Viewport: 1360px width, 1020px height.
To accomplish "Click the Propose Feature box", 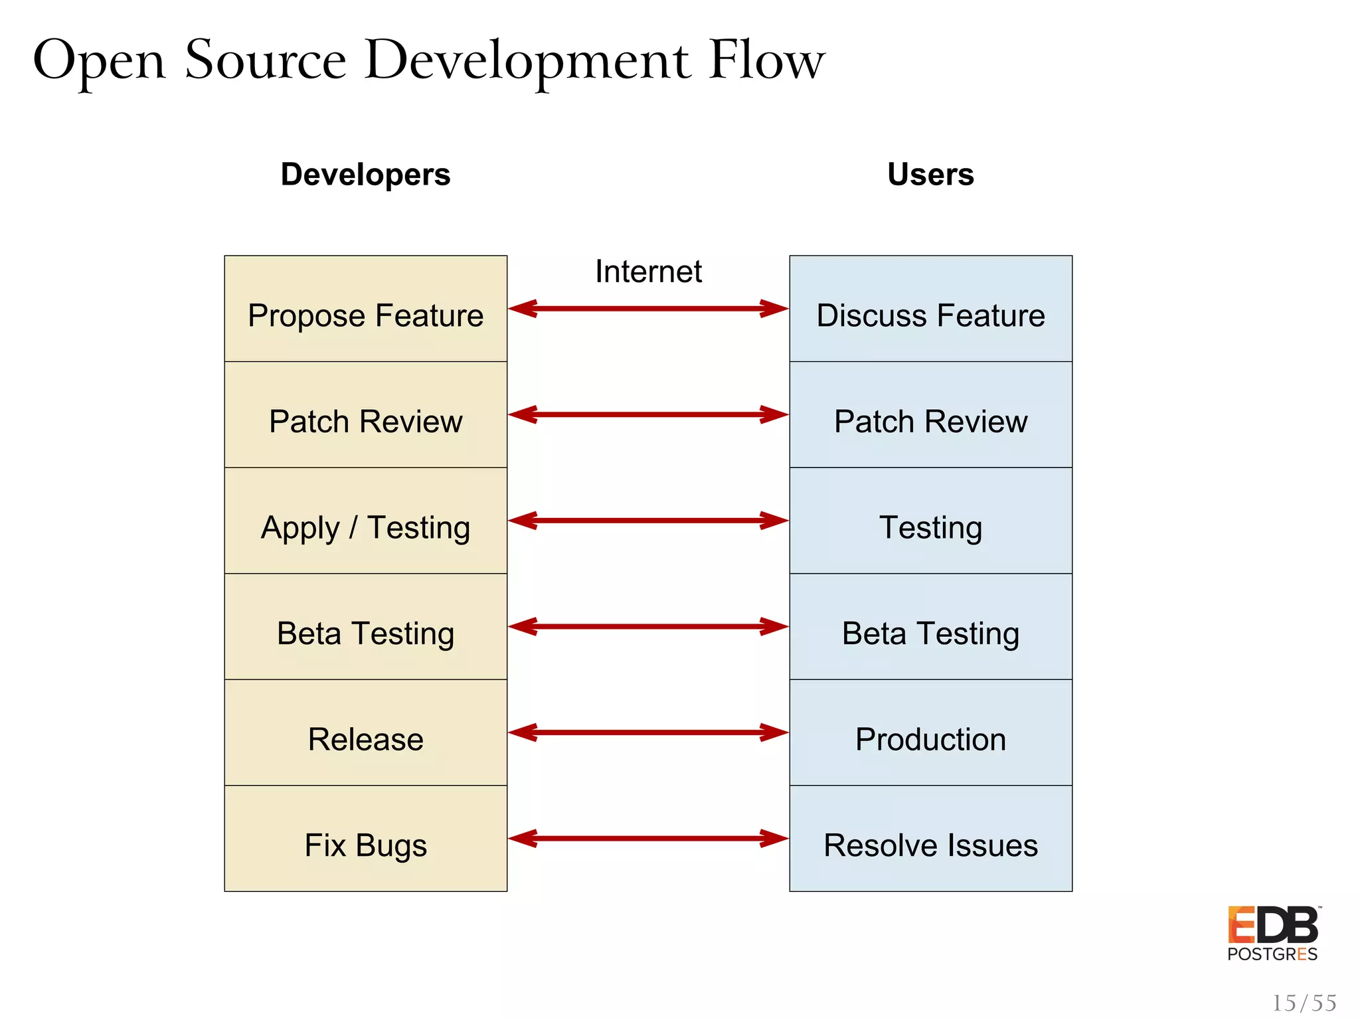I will [x=365, y=309].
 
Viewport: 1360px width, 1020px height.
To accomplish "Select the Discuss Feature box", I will [x=930, y=309].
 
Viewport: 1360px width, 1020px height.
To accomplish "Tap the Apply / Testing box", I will [x=365, y=521].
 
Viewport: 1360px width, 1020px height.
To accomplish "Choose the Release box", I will [x=365, y=733].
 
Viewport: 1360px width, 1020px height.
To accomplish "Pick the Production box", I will [x=930, y=733].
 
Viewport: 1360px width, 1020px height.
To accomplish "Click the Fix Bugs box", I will [x=365, y=839].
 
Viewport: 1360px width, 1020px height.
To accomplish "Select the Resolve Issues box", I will [x=930, y=839].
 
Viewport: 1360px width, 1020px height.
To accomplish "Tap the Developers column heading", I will [x=365, y=175].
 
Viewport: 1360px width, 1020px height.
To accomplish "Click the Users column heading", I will [x=930, y=175].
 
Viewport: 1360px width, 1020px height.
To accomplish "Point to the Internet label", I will [x=648, y=272].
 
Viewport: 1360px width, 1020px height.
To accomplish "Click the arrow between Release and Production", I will [x=648, y=732].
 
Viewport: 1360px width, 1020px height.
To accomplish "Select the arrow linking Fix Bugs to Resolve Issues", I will [x=648, y=839].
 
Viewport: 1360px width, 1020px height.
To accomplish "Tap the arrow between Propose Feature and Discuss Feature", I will [x=648, y=309].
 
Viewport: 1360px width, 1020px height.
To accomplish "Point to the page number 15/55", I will [x=1304, y=1003].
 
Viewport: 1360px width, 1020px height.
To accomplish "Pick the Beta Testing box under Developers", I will [x=365, y=627].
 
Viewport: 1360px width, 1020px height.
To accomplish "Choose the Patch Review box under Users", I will [x=930, y=415].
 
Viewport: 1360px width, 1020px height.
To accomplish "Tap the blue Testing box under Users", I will [x=930, y=521].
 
